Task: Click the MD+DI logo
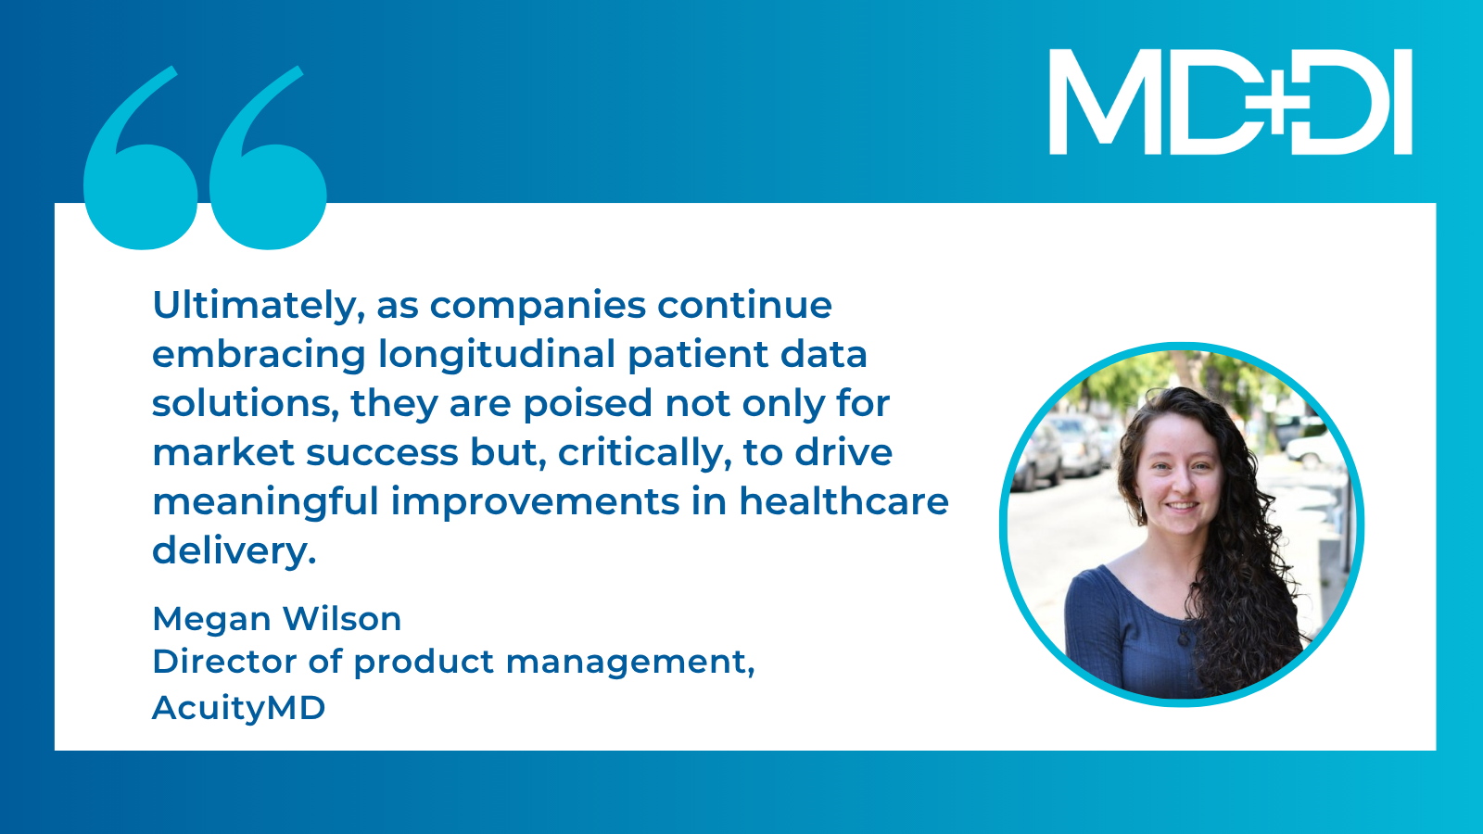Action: point(1231,102)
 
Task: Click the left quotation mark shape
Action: point(139,158)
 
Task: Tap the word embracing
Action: point(259,355)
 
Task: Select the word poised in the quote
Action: point(588,404)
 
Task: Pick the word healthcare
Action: point(844,501)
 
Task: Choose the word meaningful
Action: point(265,501)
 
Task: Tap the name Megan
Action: point(212,620)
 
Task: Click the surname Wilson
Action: point(342,619)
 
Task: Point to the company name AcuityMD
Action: point(239,708)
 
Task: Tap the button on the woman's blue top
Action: point(1183,639)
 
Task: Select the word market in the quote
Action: point(223,453)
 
